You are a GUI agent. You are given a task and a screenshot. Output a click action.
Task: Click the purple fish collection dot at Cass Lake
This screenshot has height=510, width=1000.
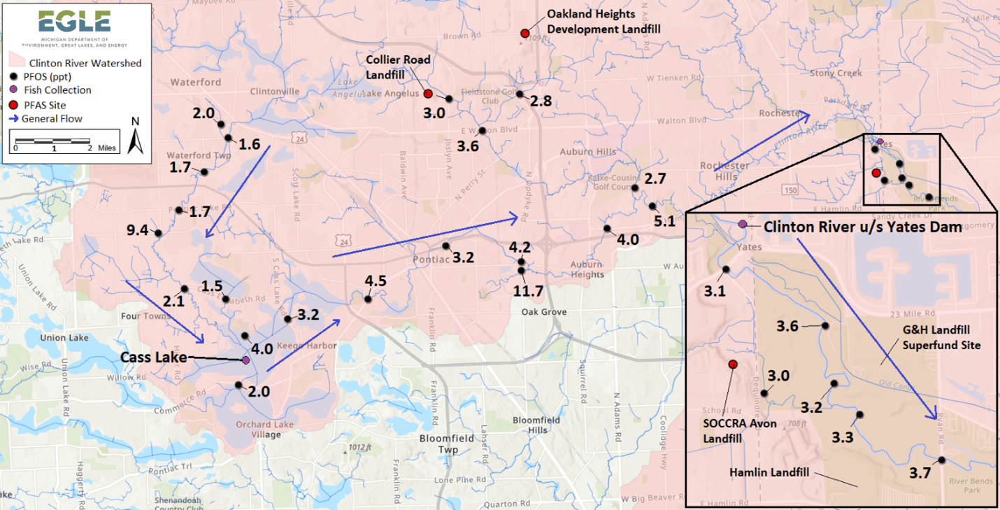point(245,360)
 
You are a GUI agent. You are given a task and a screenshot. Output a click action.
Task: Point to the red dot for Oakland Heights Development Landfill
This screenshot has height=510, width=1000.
point(524,34)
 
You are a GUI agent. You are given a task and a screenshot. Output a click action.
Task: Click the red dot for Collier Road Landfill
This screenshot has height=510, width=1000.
point(428,94)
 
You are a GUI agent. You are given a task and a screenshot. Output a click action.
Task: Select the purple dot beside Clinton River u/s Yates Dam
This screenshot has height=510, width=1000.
point(742,225)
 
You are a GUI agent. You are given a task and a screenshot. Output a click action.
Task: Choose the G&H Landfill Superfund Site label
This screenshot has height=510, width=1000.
point(941,337)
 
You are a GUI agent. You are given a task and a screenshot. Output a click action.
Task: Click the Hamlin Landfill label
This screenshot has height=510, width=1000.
point(769,472)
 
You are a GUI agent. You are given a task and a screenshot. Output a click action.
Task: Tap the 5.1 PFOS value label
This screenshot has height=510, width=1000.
point(664,221)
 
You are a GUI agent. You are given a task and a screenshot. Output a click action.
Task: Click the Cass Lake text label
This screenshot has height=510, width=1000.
point(153,357)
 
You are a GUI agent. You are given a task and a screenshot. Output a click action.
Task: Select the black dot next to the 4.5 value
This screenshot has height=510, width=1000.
point(368,299)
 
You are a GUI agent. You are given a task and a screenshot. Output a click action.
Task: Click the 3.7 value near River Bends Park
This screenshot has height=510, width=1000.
point(920,474)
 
